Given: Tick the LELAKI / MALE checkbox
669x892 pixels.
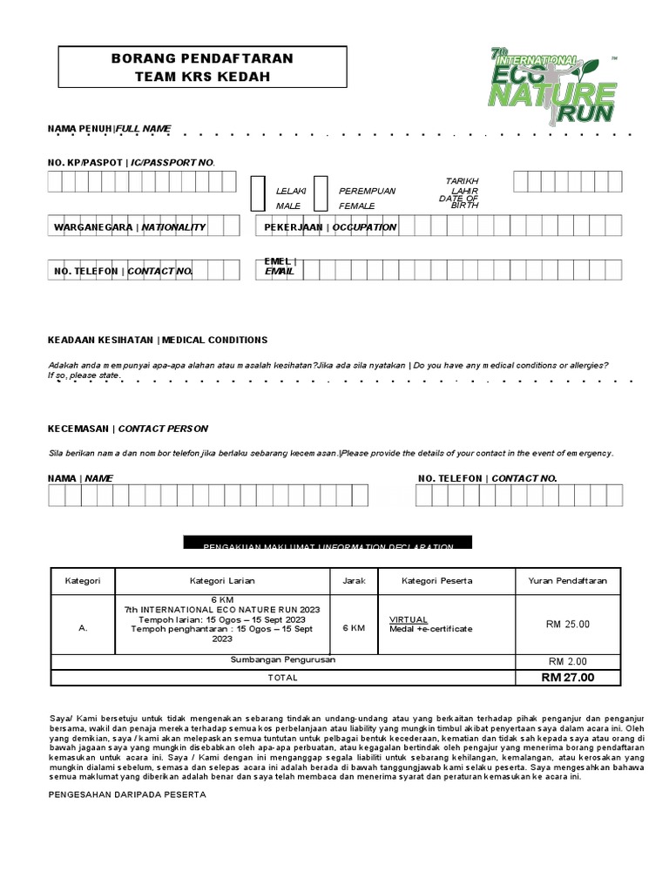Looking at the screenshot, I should [257, 193].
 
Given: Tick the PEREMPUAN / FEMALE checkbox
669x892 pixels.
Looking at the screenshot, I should [321, 193].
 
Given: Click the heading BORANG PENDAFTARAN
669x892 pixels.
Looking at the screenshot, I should [202, 58].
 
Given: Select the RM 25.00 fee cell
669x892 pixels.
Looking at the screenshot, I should [568, 624].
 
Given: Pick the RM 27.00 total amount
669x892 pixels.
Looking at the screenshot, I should [568, 677].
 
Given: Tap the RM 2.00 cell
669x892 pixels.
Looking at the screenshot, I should [568, 660].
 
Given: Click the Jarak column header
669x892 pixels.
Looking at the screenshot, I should [354, 580].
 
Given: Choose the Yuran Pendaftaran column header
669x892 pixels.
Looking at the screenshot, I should [568, 580].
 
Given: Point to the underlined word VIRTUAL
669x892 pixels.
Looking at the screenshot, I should [409, 619].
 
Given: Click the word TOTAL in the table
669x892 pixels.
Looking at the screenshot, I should [282, 677].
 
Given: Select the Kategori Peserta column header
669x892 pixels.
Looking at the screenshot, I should [436, 580].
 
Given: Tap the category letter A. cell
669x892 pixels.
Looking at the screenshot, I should [83, 627].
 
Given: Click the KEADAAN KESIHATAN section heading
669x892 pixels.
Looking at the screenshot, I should [158, 340].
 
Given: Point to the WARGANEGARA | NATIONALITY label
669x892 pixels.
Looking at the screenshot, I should [130, 227].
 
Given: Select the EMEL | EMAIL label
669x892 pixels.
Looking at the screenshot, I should [280, 267].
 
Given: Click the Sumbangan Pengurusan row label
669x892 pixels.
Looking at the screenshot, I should [283, 660].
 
